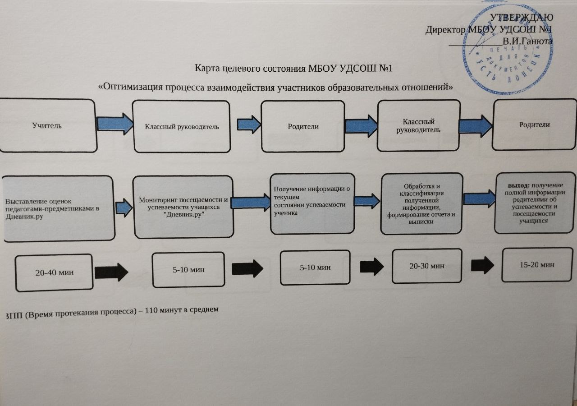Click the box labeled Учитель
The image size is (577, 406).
(48, 125)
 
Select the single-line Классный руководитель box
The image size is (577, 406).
(181, 126)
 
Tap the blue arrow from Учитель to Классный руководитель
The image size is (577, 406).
(115, 124)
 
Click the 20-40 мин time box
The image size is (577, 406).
(54, 272)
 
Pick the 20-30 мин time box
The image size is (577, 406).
(427, 266)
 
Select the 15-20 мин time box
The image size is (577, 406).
(537, 265)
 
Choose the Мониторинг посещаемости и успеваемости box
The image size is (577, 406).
(183, 207)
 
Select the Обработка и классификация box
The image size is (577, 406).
(421, 203)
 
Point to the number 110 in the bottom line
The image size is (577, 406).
(151, 311)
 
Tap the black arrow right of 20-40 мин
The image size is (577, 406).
(111, 272)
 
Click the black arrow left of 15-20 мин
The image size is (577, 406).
(482, 265)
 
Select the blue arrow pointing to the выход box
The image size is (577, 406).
(479, 198)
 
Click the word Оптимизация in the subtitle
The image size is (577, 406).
(130, 88)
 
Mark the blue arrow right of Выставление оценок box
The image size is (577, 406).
(124, 208)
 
